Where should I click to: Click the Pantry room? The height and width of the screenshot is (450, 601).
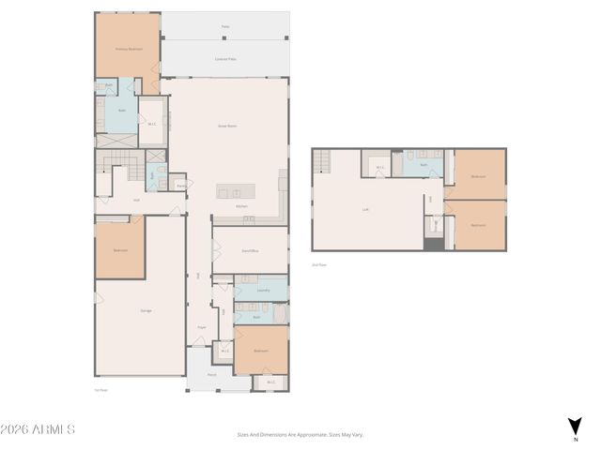(180, 186)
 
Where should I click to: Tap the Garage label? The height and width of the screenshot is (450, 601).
(146, 310)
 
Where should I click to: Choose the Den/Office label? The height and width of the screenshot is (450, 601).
(250, 250)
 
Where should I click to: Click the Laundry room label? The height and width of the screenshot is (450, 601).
(263, 290)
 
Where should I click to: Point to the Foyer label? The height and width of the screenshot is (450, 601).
(201, 327)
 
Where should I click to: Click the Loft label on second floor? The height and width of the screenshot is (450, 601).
(365, 209)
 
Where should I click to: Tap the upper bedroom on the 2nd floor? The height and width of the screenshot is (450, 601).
(478, 176)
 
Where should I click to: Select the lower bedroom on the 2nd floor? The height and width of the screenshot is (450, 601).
(478, 225)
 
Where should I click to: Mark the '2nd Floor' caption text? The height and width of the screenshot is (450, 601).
(319, 265)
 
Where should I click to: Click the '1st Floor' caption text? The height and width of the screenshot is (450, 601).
(101, 390)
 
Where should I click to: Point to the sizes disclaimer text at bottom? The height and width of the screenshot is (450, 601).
(300, 434)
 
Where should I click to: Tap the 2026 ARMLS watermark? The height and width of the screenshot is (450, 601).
(38, 429)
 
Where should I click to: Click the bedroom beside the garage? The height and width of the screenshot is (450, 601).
(120, 250)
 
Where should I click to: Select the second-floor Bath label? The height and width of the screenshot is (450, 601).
(424, 165)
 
